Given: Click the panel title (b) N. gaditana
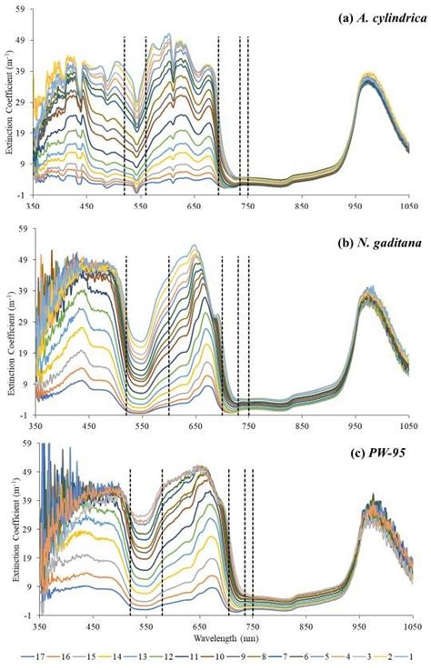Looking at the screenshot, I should coord(376,238).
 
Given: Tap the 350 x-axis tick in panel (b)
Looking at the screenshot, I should coord(35,425).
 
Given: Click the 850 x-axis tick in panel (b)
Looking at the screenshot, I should coord(303,425).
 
